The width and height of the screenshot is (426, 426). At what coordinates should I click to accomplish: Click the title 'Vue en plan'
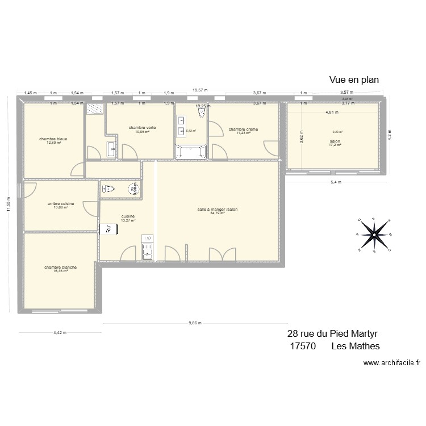(x=353, y=80)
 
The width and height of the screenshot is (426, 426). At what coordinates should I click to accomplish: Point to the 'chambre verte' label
(x=142, y=128)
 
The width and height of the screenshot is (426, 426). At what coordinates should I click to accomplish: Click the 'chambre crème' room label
(x=243, y=130)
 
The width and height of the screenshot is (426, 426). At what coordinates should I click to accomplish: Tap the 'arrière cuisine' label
(x=60, y=203)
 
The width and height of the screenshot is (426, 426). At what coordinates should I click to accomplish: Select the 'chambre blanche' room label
(x=60, y=267)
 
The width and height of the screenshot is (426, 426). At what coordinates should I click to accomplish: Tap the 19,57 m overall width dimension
(x=200, y=90)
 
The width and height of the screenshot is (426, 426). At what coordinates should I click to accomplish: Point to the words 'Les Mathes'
(x=356, y=346)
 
